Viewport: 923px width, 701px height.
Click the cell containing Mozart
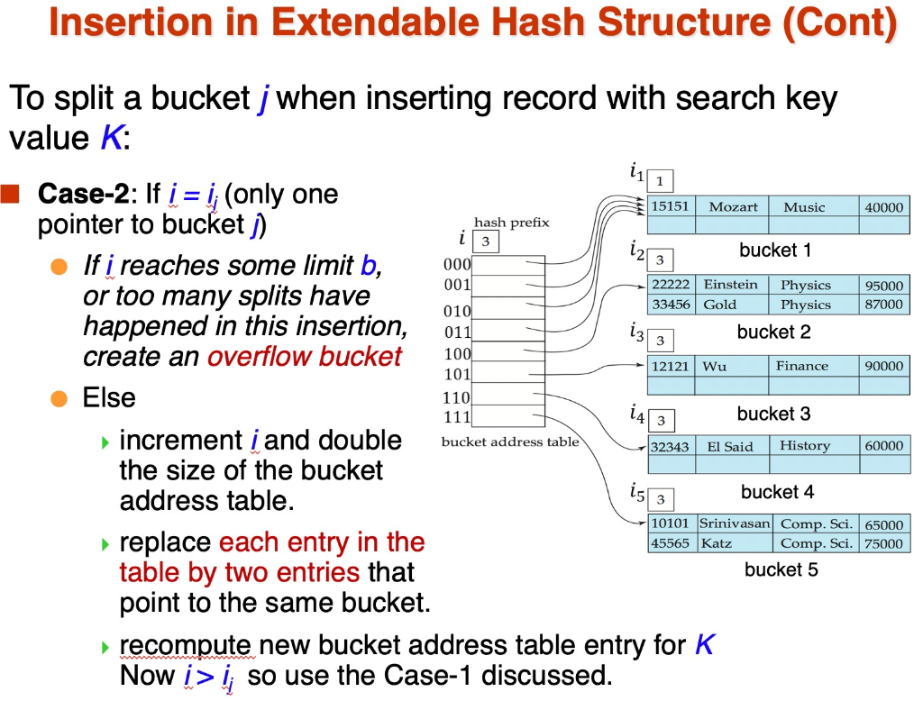733,206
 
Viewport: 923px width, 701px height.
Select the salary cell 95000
883,286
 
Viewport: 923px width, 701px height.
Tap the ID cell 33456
671,305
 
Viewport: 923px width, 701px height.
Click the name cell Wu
715,366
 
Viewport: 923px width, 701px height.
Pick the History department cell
804,445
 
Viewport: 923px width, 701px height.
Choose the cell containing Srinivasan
735,523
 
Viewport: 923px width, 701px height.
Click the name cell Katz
717,543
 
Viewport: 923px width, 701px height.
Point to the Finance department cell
801,366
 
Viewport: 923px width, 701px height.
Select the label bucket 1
775,250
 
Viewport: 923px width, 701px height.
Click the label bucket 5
781,569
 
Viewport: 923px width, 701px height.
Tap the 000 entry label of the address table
457,265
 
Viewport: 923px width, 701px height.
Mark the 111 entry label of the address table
457,417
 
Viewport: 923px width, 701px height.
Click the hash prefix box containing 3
485,241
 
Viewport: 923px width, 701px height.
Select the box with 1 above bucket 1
659,181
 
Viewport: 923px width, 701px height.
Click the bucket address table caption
509,442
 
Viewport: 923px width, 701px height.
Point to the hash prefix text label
511,223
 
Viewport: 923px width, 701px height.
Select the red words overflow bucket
304,356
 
